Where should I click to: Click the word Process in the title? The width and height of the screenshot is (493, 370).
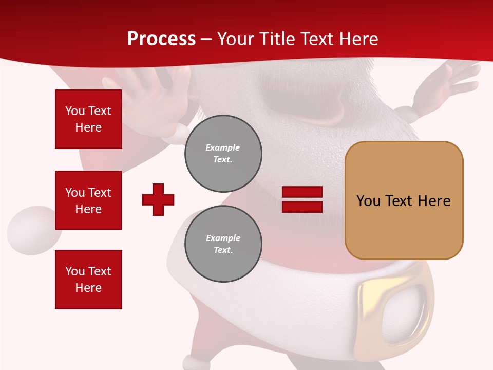161,39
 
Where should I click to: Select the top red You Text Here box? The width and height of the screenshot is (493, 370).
88,119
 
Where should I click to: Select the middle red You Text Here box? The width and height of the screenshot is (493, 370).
88,200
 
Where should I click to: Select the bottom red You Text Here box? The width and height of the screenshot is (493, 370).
88,279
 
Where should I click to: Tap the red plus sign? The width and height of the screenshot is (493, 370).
158,199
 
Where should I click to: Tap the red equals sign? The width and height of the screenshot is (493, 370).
302,199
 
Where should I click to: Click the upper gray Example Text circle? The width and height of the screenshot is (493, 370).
223,154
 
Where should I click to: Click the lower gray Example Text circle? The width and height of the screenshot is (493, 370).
223,244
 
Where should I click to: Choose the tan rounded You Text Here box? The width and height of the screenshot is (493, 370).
404,200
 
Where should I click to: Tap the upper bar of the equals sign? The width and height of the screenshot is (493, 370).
302,192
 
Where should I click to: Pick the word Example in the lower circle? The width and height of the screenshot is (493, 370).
223,238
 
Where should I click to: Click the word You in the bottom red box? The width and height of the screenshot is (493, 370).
75,271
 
